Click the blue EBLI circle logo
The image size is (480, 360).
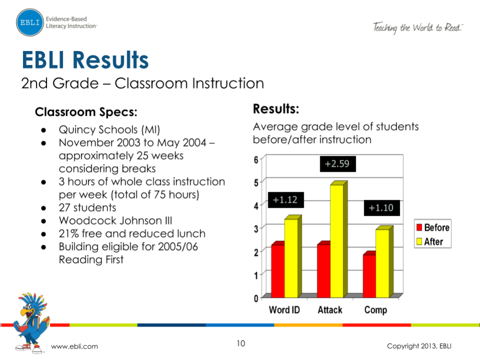click(30, 23)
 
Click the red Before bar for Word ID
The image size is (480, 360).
click(278, 269)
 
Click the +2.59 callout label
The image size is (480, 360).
click(338, 164)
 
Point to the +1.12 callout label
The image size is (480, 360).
click(286, 200)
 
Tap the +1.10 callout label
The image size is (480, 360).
click(382, 208)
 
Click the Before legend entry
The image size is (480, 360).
click(433, 227)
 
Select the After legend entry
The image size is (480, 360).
click(430, 241)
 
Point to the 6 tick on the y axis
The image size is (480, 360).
click(256, 160)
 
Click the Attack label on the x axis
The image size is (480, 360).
click(330, 310)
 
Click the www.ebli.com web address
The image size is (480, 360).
click(75, 346)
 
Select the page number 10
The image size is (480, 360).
click(241, 343)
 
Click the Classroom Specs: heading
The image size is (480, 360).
click(86, 112)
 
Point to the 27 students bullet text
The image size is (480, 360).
click(88, 208)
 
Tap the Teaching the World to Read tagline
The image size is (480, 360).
click(418, 28)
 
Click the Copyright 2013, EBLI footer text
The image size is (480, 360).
click(419, 346)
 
